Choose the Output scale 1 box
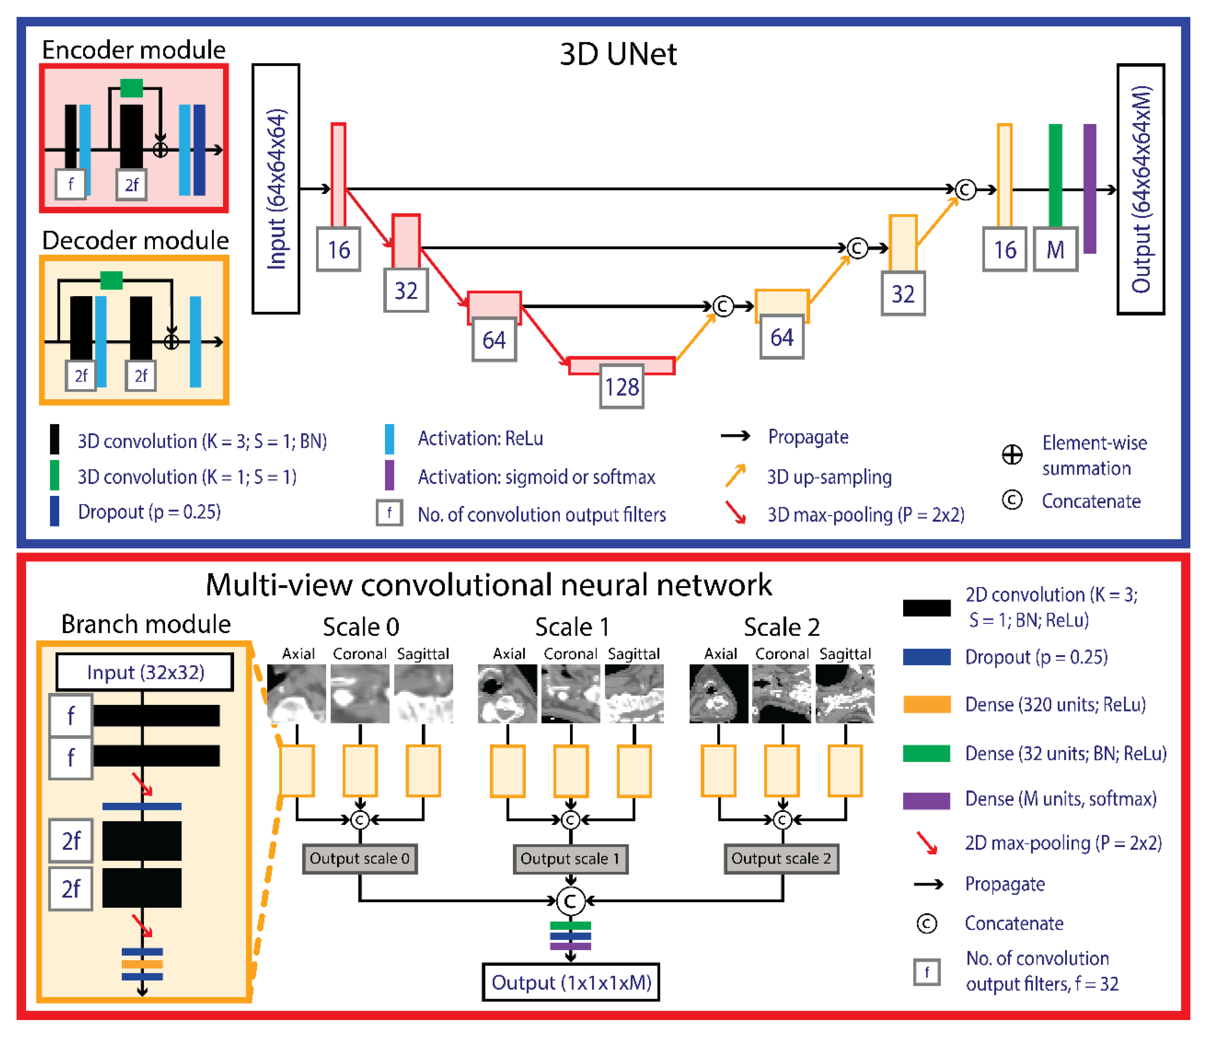570,858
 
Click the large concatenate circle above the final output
570,901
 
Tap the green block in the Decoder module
111,280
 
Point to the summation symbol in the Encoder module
160,150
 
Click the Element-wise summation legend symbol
1012,455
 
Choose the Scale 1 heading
572,627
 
